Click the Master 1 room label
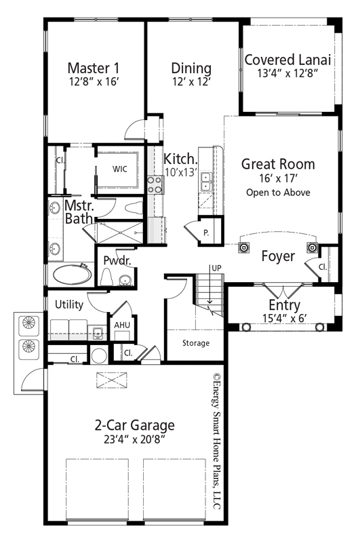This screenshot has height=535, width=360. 94,68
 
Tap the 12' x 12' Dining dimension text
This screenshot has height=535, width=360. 191,82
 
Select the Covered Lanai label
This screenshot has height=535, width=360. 287,60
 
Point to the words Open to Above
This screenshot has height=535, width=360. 278,193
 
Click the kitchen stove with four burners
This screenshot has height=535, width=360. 155,184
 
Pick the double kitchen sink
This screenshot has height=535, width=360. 205,182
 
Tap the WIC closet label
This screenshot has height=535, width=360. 120,169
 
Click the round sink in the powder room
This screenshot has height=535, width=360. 125,280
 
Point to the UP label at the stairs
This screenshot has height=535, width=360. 216,269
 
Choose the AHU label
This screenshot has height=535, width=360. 122,325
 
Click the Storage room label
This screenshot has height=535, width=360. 196,343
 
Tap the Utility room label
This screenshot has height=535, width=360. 69,304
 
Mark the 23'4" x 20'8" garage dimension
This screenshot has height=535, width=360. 134,440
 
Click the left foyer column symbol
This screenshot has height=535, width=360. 243,247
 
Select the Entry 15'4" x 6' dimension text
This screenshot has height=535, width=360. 285,318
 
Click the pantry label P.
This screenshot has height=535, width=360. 206,233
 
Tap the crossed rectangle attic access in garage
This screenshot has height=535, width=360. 112,380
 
